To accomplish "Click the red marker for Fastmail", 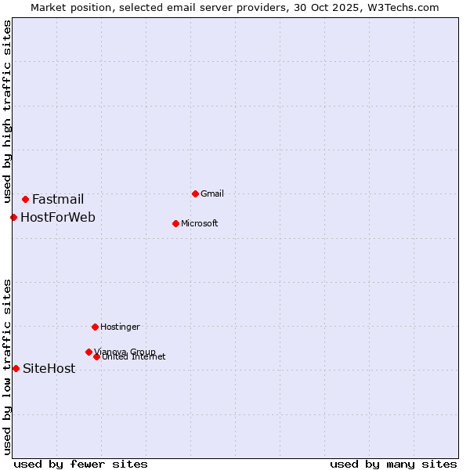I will coord(25,200).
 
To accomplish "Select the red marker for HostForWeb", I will coord(13,217).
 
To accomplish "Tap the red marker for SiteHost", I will coord(16,368).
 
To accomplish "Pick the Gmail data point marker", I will coord(195,193).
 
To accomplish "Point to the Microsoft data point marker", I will coord(175,223).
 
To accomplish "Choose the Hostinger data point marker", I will coord(95,327).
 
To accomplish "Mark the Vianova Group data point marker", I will coord(89,352).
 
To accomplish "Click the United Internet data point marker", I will coord(96,356).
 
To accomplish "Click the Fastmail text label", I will coord(58,200).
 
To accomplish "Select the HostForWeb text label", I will coord(58,217).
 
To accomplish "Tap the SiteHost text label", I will coord(49,369).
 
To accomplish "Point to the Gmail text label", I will coord(212,193).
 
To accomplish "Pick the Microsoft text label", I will coord(200,223).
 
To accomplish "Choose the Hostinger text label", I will coord(120,327).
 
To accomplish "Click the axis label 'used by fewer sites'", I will coord(81,464).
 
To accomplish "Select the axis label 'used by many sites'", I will coord(393,464).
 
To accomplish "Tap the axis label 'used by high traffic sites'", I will coord(8,111).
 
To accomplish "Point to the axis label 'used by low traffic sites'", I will coord(8,367).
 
